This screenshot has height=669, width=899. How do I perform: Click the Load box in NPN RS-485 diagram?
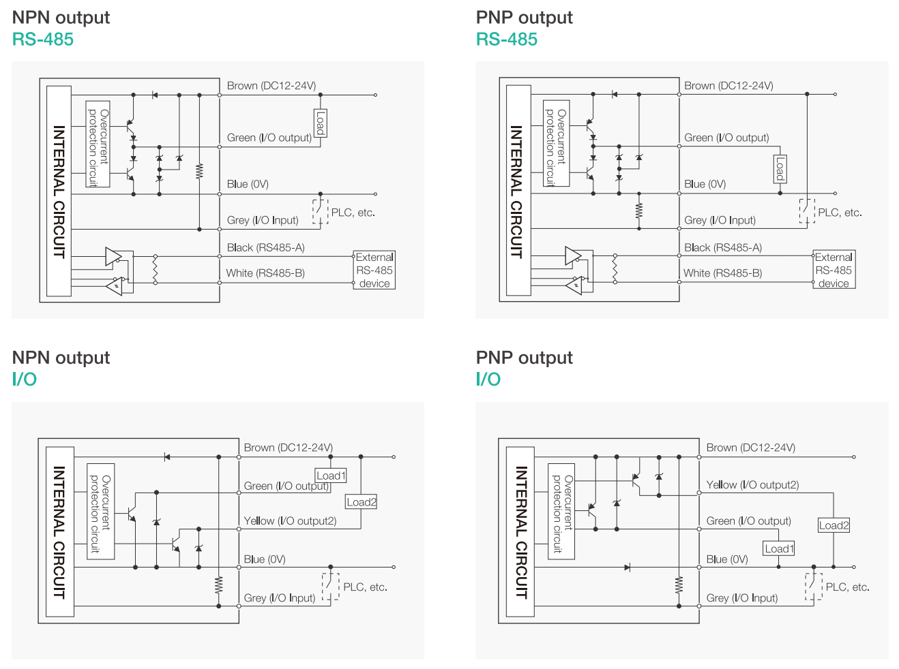point(320,123)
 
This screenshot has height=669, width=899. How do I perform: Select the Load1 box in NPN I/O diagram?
point(331,476)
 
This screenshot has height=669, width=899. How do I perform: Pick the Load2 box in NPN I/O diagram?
point(361,502)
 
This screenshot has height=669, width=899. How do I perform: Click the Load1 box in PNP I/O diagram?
point(779,548)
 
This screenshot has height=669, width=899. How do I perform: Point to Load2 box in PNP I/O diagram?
point(834,525)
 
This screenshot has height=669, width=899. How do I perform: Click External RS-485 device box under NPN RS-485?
point(374,270)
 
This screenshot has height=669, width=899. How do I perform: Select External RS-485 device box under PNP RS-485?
point(834,270)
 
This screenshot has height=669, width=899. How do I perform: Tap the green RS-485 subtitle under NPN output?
point(43,40)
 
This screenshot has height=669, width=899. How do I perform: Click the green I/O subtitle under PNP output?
point(488,379)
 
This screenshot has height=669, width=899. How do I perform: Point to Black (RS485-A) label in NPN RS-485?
point(265,248)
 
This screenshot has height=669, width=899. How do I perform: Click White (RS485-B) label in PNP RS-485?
point(722,273)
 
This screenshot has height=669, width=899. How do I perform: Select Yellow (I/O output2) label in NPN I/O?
point(290,521)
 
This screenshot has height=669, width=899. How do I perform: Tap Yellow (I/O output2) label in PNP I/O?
point(752,485)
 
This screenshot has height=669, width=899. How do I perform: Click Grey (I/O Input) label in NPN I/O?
point(280,598)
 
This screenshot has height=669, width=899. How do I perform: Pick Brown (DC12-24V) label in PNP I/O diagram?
point(750,448)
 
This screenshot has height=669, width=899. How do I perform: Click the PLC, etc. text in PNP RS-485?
point(840,213)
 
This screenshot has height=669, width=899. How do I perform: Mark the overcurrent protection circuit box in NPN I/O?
point(100,512)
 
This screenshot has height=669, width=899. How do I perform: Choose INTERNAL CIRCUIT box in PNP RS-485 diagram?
point(518,191)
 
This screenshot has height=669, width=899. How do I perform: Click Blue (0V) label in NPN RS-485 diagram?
point(248,184)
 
